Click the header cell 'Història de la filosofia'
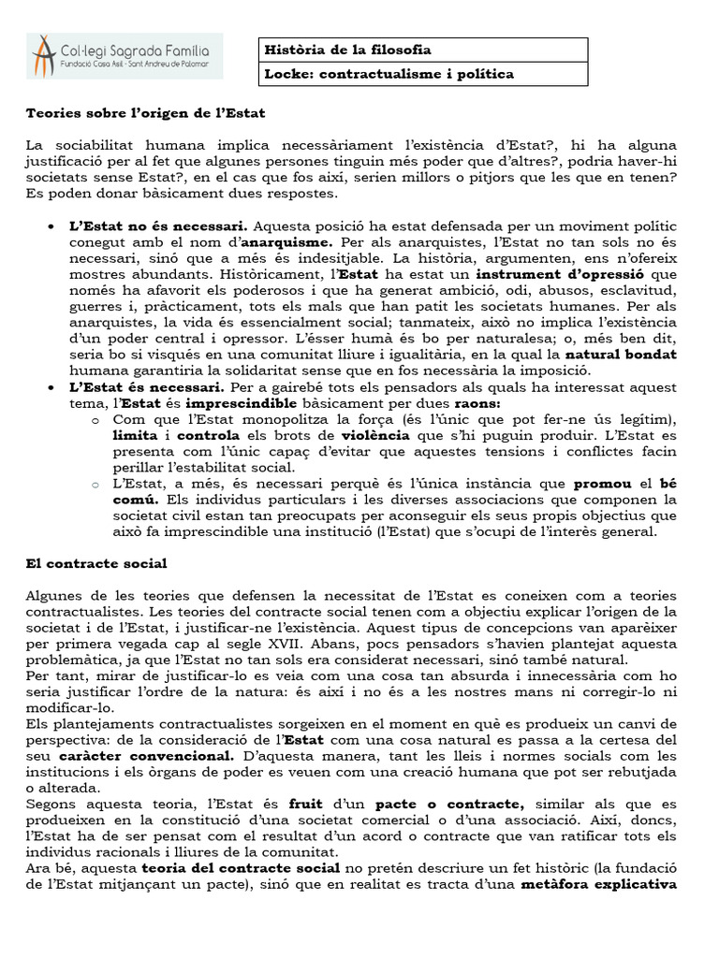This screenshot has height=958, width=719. (x=348, y=50)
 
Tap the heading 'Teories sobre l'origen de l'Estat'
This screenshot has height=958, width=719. (x=145, y=113)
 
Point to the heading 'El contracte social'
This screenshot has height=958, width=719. (x=95, y=563)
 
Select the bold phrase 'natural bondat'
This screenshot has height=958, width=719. (x=619, y=356)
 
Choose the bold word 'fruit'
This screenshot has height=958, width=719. (x=305, y=803)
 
